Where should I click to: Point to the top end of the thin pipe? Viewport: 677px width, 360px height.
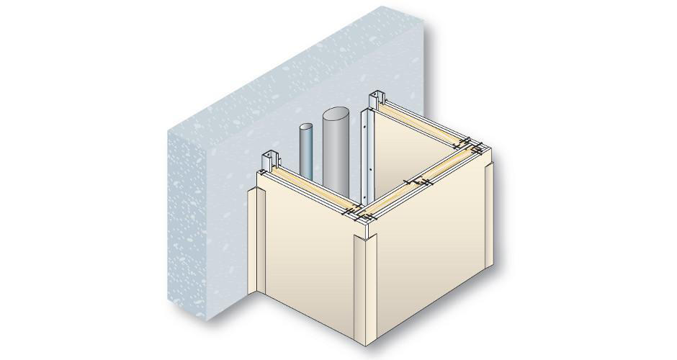click(x=305, y=129)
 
